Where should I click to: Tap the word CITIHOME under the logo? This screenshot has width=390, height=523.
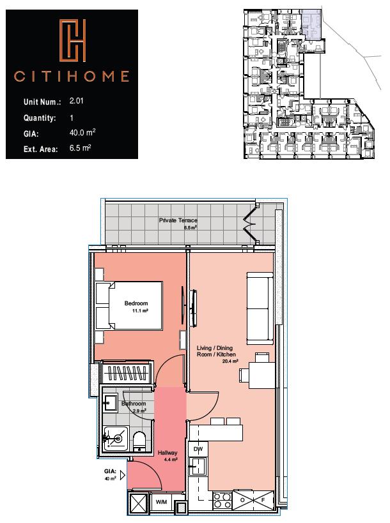pos(72,78)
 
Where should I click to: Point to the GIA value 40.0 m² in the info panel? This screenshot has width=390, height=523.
pos(82,133)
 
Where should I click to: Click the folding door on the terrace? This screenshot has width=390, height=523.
pos(248,224)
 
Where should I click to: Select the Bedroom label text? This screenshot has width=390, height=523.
pos(136,303)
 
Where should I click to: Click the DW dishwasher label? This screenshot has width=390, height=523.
pos(198,449)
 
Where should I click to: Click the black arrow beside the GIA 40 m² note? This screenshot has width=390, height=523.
pos(121,473)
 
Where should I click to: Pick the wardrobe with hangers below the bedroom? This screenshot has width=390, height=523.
pos(129,373)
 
